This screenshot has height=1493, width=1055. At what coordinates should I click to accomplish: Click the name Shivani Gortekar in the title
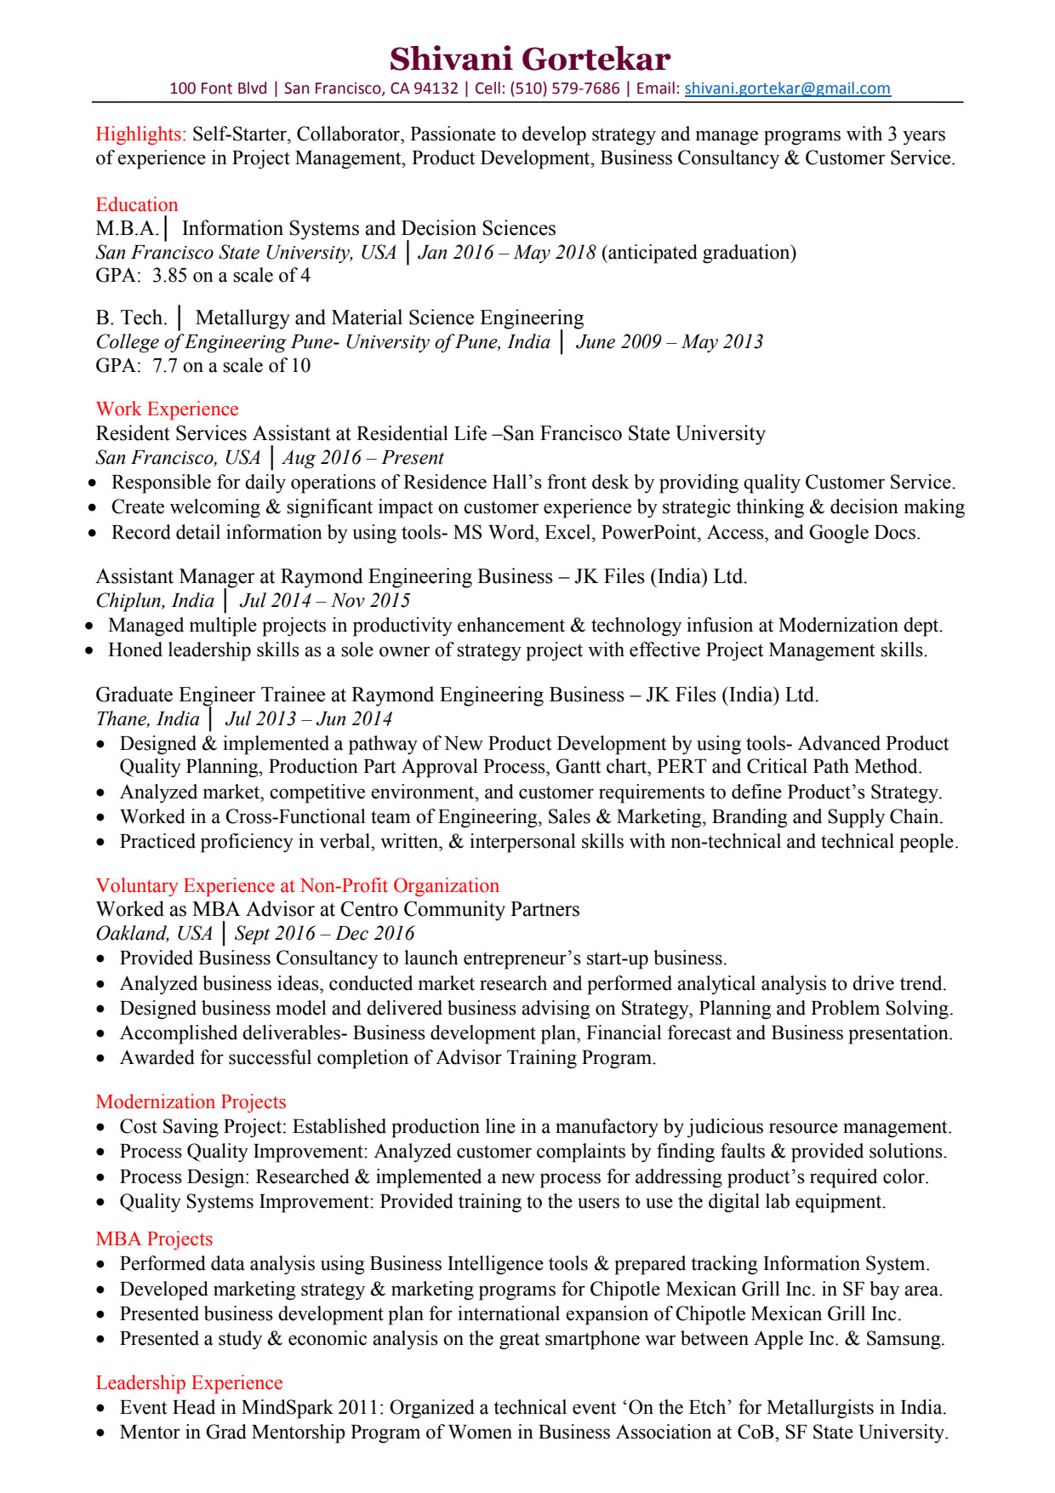pyautogui.click(x=529, y=59)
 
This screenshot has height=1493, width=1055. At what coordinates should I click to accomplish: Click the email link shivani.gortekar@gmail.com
pyautogui.click(x=787, y=89)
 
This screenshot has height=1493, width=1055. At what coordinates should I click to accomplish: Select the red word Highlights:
pyautogui.click(x=140, y=134)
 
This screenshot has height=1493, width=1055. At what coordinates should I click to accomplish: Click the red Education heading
pyautogui.click(x=136, y=205)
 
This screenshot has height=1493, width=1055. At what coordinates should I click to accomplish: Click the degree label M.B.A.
pyautogui.click(x=127, y=229)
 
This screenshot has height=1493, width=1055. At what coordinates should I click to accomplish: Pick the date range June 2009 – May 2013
pyautogui.click(x=669, y=342)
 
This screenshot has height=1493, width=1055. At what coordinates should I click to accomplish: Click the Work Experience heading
pyautogui.click(x=167, y=409)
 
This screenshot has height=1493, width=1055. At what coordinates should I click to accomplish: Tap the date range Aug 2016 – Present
pyautogui.click(x=363, y=458)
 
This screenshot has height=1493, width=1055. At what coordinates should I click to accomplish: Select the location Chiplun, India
pyautogui.click(x=155, y=601)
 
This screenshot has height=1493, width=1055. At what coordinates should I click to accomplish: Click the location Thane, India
pyautogui.click(x=147, y=719)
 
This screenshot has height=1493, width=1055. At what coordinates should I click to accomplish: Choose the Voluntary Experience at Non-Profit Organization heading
pyautogui.click(x=297, y=886)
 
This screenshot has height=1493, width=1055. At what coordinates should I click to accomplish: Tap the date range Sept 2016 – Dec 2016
pyautogui.click(x=324, y=934)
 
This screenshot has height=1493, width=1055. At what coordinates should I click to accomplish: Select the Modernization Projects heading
pyautogui.click(x=191, y=1102)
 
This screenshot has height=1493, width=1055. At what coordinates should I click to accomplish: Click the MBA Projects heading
pyautogui.click(x=154, y=1239)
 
